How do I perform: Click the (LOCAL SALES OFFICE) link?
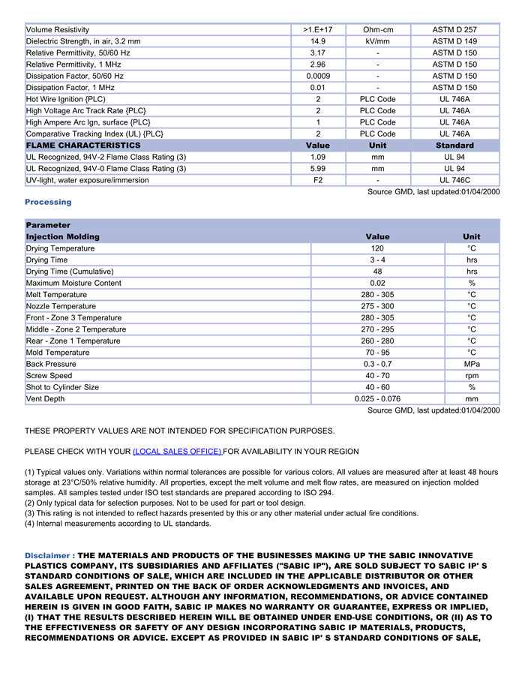(x=177, y=452)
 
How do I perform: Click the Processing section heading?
(x=48, y=202)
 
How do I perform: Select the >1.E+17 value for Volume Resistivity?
(x=318, y=30)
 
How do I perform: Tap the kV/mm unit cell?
(x=378, y=41)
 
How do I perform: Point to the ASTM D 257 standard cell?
(x=454, y=30)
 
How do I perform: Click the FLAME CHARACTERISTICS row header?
(x=83, y=146)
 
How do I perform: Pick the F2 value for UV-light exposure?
(x=318, y=180)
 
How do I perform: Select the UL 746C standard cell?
(x=454, y=180)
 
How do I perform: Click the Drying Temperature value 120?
(x=377, y=248)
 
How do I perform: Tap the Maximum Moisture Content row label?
(x=73, y=283)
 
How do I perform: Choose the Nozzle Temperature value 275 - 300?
(x=377, y=306)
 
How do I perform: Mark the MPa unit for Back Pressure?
(x=472, y=364)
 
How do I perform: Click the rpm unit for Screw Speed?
(x=472, y=376)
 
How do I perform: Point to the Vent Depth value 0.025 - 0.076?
(x=377, y=399)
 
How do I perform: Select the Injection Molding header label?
(x=63, y=237)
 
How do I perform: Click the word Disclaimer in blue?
(x=48, y=555)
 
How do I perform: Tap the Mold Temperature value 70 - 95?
(x=377, y=353)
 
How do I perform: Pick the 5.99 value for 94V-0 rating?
(x=318, y=169)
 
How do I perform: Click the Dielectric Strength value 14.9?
(x=318, y=41)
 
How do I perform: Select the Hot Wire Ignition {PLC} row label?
(x=66, y=99)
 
